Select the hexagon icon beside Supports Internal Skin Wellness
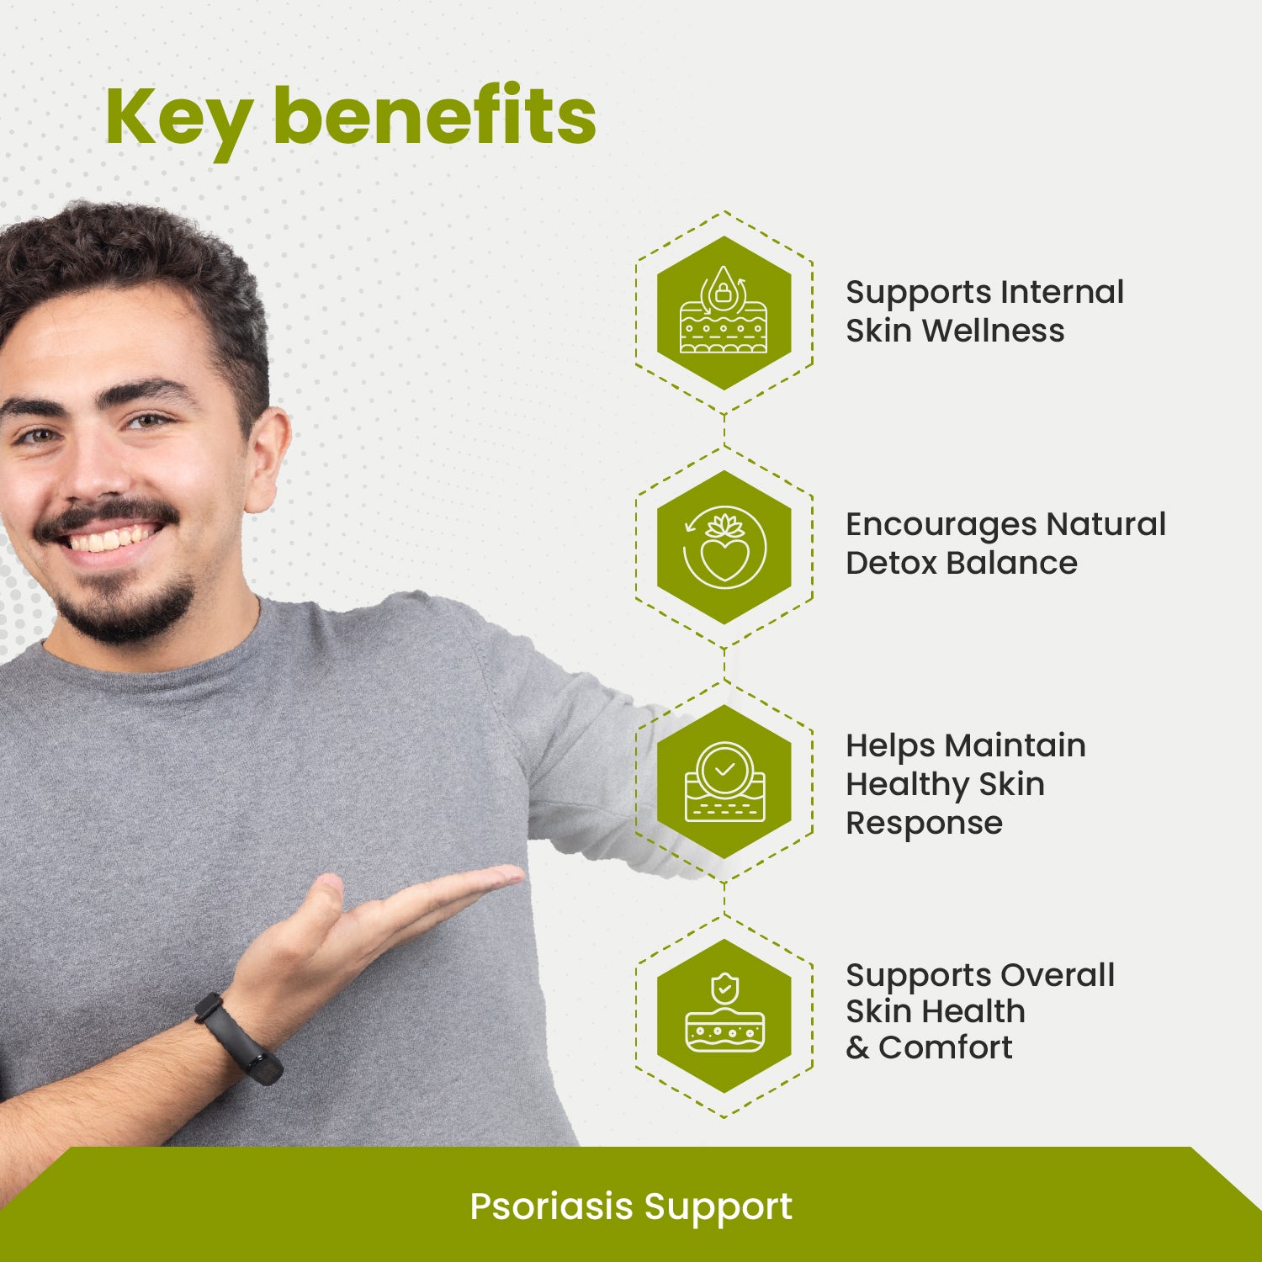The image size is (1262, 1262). click(x=724, y=312)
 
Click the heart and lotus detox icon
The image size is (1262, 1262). click(x=724, y=547)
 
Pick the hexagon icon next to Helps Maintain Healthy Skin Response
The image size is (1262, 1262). click(x=724, y=782)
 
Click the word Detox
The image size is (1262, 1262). click(x=890, y=563)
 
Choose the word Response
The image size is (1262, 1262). click(x=924, y=824)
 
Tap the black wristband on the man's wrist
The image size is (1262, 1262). click(x=238, y=1039)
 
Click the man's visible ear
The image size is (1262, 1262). click(x=268, y=459)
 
